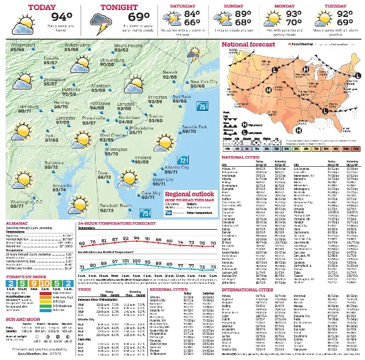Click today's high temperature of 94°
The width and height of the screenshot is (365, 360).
pos(62,17)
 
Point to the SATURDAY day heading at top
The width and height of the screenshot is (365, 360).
pos(188,6)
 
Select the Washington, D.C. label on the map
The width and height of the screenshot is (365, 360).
pos(26,202)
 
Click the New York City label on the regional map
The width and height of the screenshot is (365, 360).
pos(203,82)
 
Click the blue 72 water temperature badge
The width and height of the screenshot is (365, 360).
pos(182,160)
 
